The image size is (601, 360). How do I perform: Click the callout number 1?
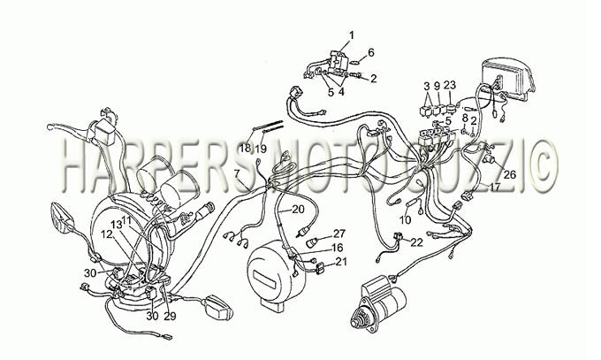click(x=351, y=35)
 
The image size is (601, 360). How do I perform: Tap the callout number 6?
click(x=371, y=52)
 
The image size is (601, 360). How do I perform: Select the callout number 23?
click(x=450, y=86)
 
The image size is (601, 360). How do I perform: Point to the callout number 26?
click(x=510, y=174)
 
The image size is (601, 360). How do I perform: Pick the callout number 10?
click(x=405, y=220)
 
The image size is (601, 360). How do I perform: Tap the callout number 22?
click(x=416, y=242)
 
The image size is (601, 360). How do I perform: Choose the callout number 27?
click(x=339, y=234)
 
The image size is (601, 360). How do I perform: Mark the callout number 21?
click(x=341, y=262)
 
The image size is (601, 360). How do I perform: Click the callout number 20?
click(x=298, y=209)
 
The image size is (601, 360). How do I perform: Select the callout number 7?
click(x=237, y=173)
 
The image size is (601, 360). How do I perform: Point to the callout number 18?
click(x=245, y=148)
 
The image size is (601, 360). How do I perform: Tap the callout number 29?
click(x=170, y=316)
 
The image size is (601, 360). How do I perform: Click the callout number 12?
click(x=107, y=234)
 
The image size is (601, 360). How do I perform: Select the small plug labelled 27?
click(x=312, y=243)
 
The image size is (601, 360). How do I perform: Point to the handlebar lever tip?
click(x=49, y=126)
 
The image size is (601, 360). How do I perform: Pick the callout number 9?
click(x=437, y=86)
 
